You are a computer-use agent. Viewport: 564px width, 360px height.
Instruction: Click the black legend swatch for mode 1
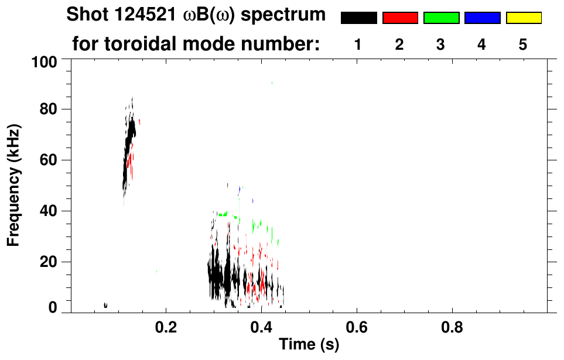(x=358, y=18)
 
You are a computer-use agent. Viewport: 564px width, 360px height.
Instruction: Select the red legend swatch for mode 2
(x=400, y=18)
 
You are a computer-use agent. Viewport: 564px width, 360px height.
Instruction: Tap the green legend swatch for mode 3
(x=441, y=18)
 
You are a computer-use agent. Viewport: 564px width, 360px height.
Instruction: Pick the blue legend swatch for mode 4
(x=482, y=18)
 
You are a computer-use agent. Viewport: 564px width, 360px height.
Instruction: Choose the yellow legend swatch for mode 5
(x=523, y=18)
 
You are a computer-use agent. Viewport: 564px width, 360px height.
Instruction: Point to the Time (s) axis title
(x=309, y=345)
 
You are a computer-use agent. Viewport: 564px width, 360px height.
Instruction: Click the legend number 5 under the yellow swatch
(x=523, y=44)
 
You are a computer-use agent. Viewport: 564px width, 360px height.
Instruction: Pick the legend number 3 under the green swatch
(x=441, y=44)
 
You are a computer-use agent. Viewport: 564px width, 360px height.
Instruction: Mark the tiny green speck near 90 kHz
(x=272, y=83)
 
